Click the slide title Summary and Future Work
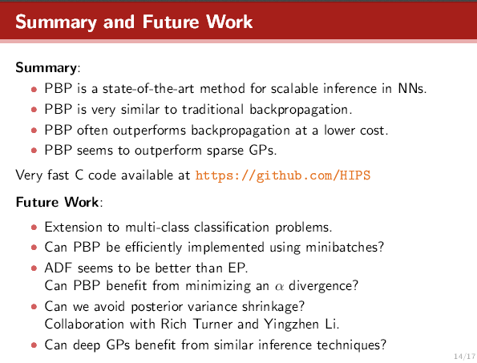134,22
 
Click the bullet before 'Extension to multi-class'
34,227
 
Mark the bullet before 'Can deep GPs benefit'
34,347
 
